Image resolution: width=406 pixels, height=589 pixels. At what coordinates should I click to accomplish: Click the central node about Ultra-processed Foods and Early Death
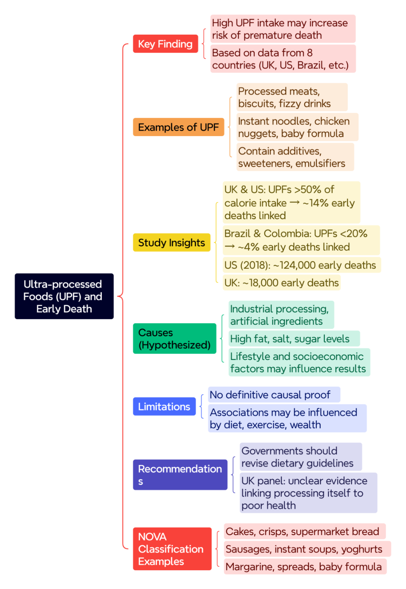[x=64, y=296]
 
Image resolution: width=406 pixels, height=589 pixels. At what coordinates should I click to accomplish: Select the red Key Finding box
[x=165, y=44]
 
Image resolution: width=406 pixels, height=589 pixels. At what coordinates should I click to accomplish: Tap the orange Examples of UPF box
[x=179, y=127]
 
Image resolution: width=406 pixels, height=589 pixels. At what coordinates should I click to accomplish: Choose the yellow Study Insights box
[x=172, y=242]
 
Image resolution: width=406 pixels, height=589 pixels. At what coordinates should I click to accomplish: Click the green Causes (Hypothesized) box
[x=174, y=338]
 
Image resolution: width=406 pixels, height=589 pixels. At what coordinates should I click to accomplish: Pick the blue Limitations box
[x=164, y=406]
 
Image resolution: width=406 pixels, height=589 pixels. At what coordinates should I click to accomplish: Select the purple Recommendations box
[x=180, y=475]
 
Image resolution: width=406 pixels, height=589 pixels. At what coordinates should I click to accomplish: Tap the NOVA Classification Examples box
[x=172, y=549]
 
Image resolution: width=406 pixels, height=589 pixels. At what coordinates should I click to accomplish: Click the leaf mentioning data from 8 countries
[x=283, y=59]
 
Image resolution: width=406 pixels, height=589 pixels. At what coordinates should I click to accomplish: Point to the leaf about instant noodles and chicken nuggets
[x=297, y=127]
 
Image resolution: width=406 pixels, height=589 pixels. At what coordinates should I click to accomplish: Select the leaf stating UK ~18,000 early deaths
[x=282, y=283]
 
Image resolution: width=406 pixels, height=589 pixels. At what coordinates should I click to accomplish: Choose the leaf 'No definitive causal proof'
[x=274, y=394]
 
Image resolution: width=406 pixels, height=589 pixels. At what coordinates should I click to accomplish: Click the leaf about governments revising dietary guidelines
[x=301, y=457]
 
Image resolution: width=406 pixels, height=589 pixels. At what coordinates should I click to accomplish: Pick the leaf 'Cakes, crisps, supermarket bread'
[x=305, y=531]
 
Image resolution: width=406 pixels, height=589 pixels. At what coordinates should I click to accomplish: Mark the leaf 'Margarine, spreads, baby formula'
[x=305, y=566]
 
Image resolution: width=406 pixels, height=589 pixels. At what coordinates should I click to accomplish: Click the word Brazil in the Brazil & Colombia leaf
[x=237, y=233]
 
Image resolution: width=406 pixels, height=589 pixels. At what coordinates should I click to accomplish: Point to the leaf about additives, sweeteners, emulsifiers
[x=295, y=157]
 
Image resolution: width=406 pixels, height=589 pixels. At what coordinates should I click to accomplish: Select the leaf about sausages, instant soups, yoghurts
[x=308, y=549]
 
